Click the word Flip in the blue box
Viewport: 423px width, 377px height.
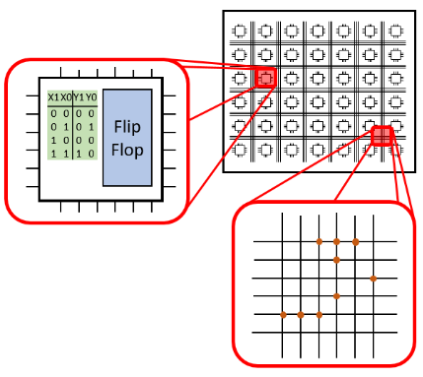pos(127,128)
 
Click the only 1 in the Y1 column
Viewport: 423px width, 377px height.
pos(79,155)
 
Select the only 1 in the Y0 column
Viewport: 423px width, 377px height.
pos(91,127)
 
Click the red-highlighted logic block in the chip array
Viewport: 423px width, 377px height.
pos(265,78)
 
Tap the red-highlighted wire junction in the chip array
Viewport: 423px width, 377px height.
pos(382,136)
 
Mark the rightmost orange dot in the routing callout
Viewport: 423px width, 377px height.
pos(373,279)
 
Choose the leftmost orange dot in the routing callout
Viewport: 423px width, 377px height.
pos(283,315)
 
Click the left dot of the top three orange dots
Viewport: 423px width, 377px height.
pos(318,241)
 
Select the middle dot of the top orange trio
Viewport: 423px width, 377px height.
pos(337,241)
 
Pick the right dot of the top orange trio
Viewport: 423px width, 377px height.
pos(356,241)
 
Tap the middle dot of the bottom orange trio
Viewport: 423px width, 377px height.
pos(301,315)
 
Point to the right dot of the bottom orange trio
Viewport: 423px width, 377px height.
pos(318,315)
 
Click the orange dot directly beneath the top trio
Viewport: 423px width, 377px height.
pos(337,260)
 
